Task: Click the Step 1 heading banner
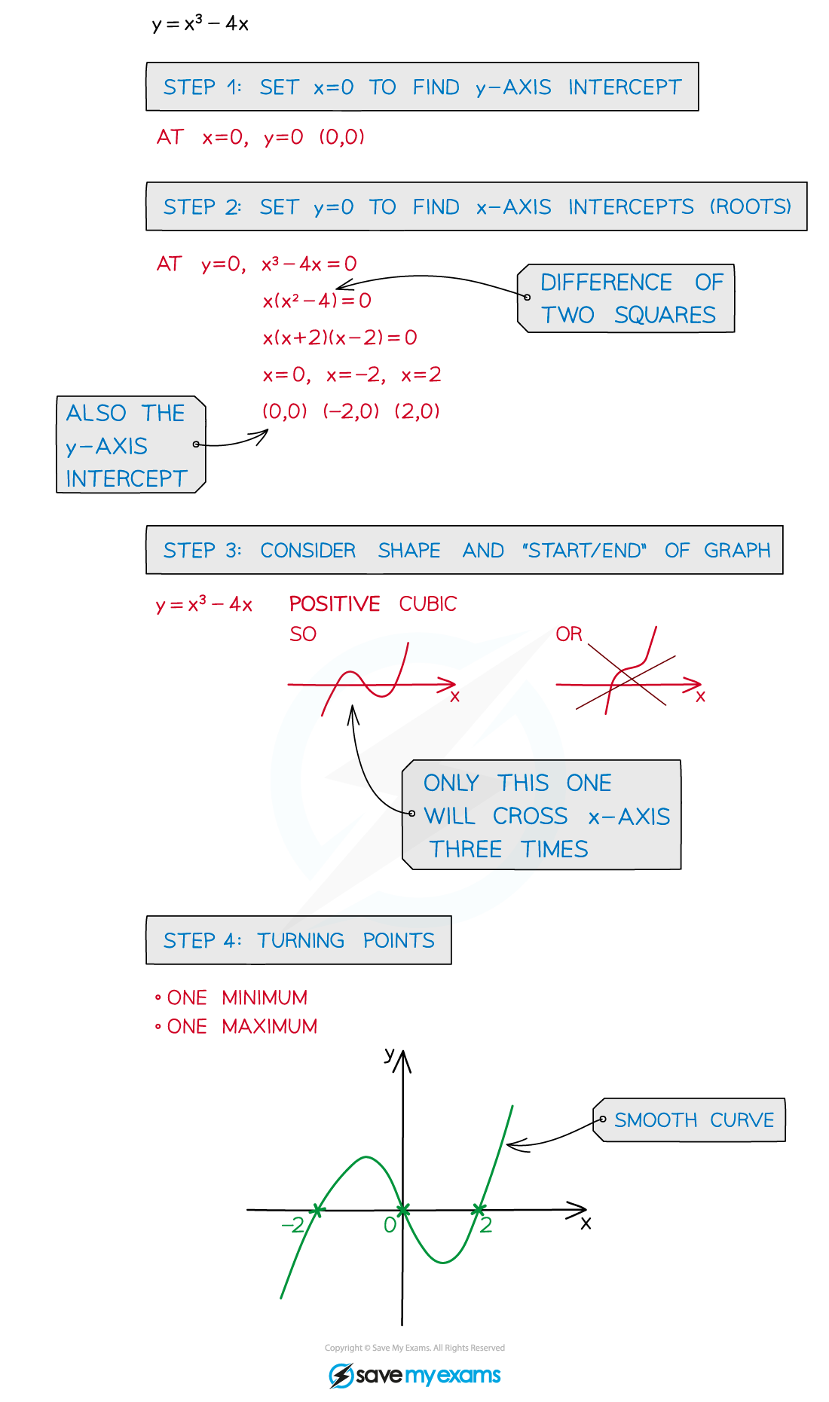click(422, 87)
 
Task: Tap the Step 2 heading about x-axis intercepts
click(476, 206)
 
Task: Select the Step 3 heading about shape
click(464, 551)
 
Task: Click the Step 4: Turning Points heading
click(298, 940)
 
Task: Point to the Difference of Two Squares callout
click(627, 298)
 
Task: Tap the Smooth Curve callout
click(692, 1120)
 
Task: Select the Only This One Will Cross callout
click(544, 816)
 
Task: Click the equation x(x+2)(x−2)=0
click(340, 338)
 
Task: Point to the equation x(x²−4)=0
click(317, 301)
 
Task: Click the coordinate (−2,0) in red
click(350, 411)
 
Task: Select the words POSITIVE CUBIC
click(373, 604)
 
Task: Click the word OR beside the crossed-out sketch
click(569, 634)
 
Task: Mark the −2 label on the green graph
click(292, 1225)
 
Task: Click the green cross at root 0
click(403, 1210)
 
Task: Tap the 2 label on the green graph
click(486, 1225)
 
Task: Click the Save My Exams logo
click(414, 1376)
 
